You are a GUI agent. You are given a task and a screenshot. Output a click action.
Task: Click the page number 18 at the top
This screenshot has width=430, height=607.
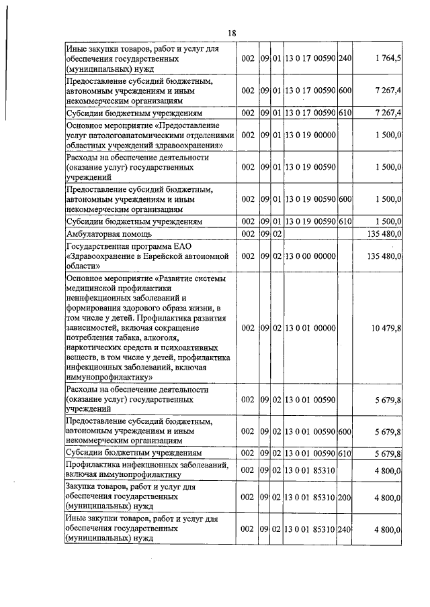pyautogui.click(x=232, y=33)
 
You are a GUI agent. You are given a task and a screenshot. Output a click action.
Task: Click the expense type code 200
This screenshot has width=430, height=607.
pyautogui.click(x=345, y=497)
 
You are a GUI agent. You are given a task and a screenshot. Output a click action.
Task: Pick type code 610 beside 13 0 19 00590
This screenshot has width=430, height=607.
pyautogui.click(x=345, y=221)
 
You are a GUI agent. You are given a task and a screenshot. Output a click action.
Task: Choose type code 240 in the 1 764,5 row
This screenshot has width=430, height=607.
pyautogui.click(x=345, y=59)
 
